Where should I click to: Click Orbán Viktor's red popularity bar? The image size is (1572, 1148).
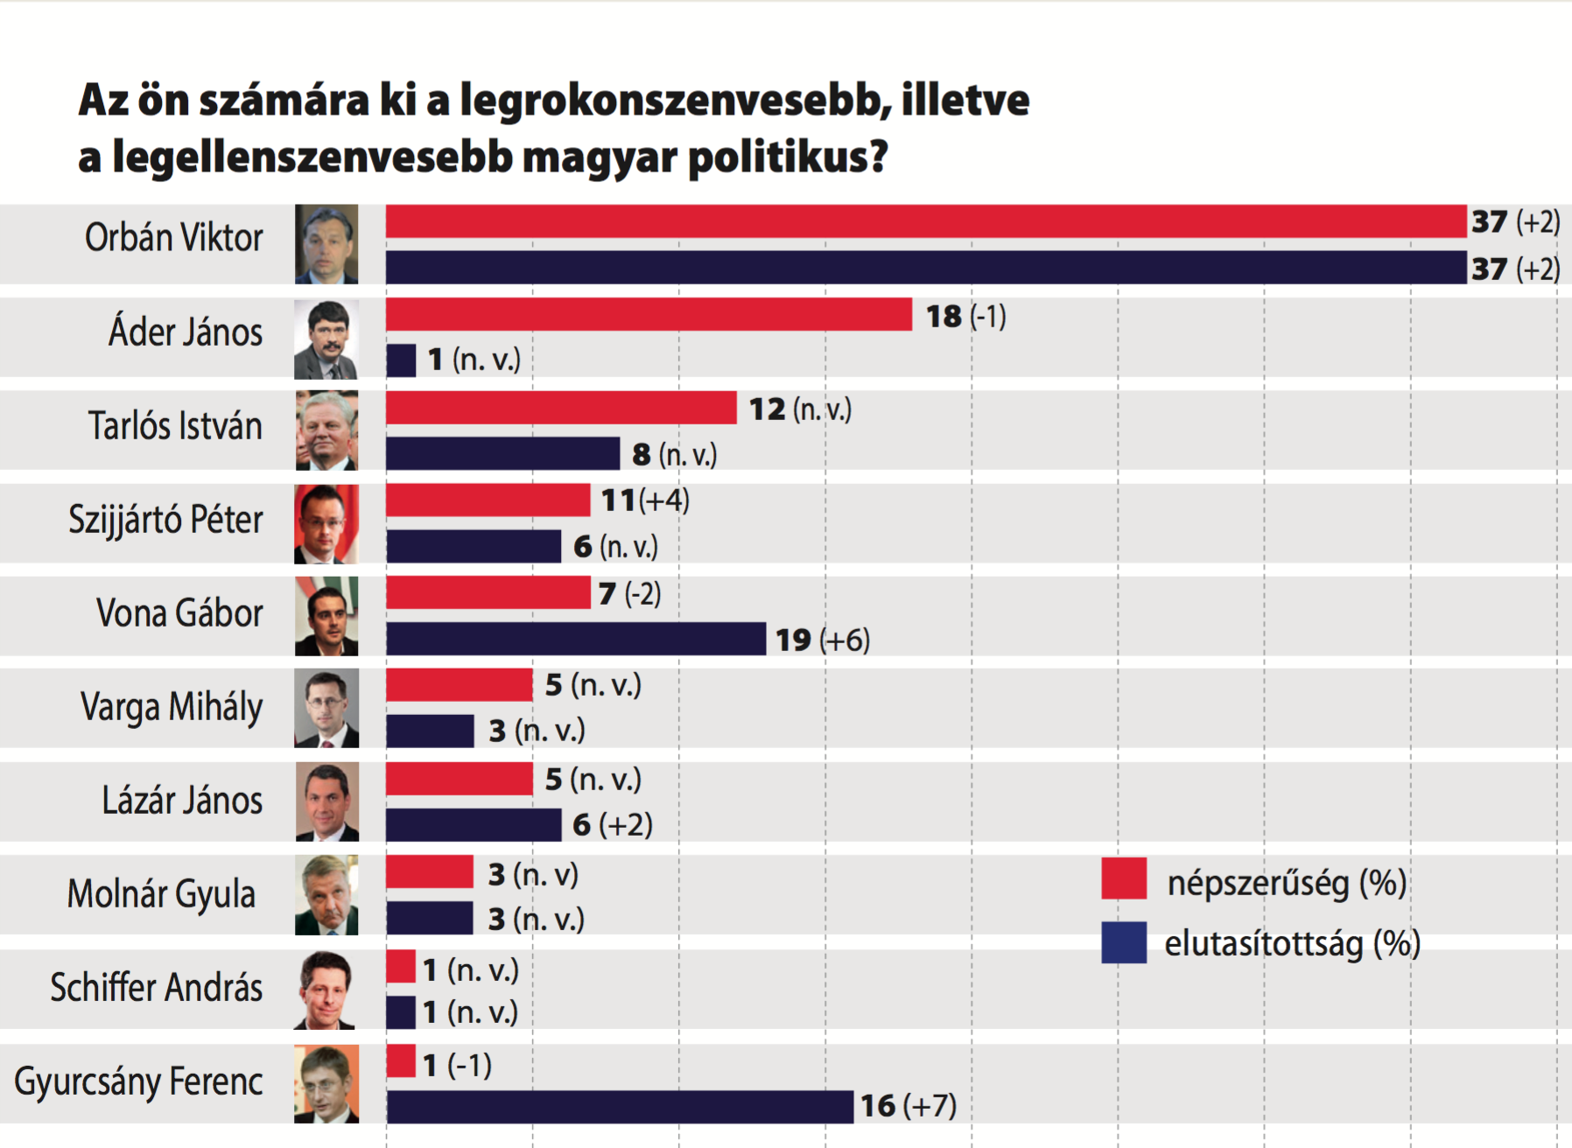pos(926,221)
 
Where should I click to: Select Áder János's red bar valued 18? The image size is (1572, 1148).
pos(649,315)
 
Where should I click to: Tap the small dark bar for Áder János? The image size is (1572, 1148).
pos(401,360)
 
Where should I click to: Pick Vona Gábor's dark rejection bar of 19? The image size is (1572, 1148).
pos(576,639)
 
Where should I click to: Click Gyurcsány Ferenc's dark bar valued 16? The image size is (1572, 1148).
pos(620,1107)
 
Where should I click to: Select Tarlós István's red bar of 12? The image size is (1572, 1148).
pos(561,408)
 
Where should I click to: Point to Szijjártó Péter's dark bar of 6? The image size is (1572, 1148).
pos(474,546)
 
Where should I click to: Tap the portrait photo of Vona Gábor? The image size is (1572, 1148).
pos(326,616)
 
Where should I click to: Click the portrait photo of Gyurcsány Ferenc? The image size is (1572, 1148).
pos(326,1083)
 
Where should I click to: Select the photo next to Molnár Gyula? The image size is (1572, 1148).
pos(326,895)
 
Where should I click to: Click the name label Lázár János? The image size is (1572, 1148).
pos(182,801)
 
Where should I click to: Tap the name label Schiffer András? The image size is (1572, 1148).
pos(157,988)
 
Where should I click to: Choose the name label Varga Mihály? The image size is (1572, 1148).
pos(172,707)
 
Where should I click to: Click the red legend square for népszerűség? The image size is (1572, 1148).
pos(1124,878)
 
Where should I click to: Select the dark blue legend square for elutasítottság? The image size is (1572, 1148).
pos(1124,942)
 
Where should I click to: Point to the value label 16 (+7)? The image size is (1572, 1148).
pos(909,1106)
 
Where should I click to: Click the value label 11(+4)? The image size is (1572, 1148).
pos(645,500)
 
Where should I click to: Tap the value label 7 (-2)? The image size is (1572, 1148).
pos(630,594)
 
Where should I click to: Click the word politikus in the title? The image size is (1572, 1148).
pos(788,158)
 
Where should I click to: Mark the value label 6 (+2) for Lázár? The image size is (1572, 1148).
pos(613,824)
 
